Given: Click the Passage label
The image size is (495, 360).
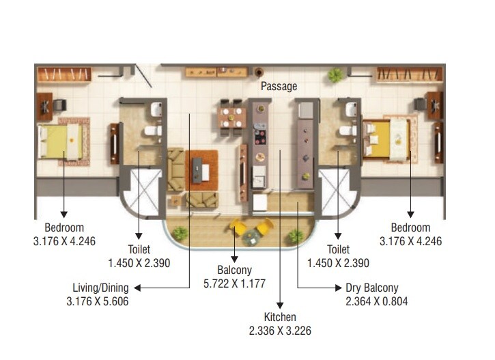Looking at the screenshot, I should pyautogui.click(x=279, y=87).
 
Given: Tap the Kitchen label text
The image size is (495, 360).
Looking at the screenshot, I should pyautogui.click(x=280, y=317).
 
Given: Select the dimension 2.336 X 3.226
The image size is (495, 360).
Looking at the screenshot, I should pyautogui.click(x=280, y=330).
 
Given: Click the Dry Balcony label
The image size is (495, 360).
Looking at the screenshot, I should pyautogui.click(x=373, y=288).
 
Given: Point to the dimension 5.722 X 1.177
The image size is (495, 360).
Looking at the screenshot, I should pyautogui.click(x=234, y=283).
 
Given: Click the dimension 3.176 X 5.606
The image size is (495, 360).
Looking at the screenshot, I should pyautogui.click(x=97, y=301).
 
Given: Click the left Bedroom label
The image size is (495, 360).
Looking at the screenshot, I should pyautogui.click(x=64, y=227).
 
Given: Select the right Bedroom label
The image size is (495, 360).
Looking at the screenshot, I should pyautogui.click(x=410, y=227).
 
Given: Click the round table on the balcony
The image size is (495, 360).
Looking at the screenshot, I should pyautogui.click(x=253, y=235).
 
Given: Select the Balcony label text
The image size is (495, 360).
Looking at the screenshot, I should pyautogui.click(x=234, y=271).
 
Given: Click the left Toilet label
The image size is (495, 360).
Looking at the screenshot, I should pyautogui.click(x=139, y=250).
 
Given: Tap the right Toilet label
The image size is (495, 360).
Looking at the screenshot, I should pyautogui.click(x=337, y=250).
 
